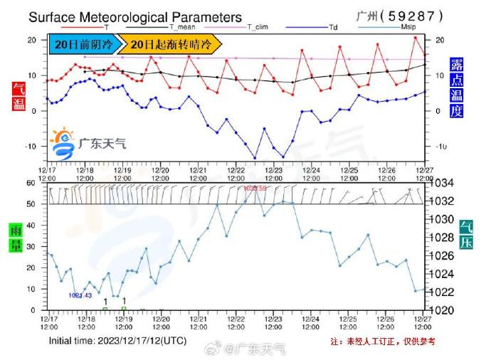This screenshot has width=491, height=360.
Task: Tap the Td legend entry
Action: coord(332,27)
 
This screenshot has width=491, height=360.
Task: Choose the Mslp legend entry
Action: coord(408,27)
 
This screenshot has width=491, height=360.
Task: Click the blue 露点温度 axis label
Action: coord(457,87)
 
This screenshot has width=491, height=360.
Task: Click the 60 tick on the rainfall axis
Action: coord(30,183)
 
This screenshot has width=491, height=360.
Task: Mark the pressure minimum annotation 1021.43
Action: coord(80,295)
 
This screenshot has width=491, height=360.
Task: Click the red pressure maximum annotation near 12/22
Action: coord(255,189)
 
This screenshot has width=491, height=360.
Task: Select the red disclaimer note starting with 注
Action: coord(383,342)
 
